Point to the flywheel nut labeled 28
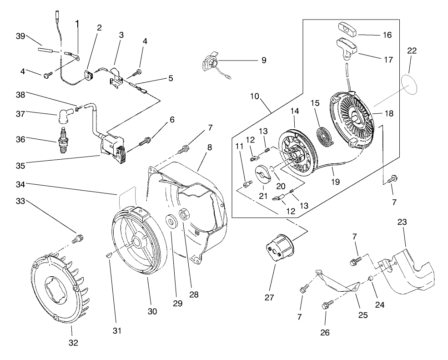(186, 213)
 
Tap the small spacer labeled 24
(371, 278)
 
